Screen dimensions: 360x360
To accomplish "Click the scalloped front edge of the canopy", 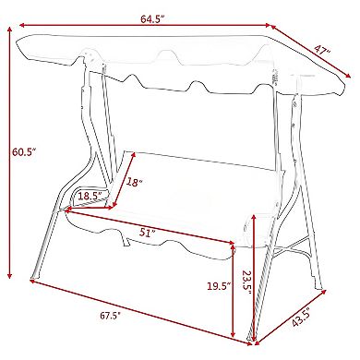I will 185,92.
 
